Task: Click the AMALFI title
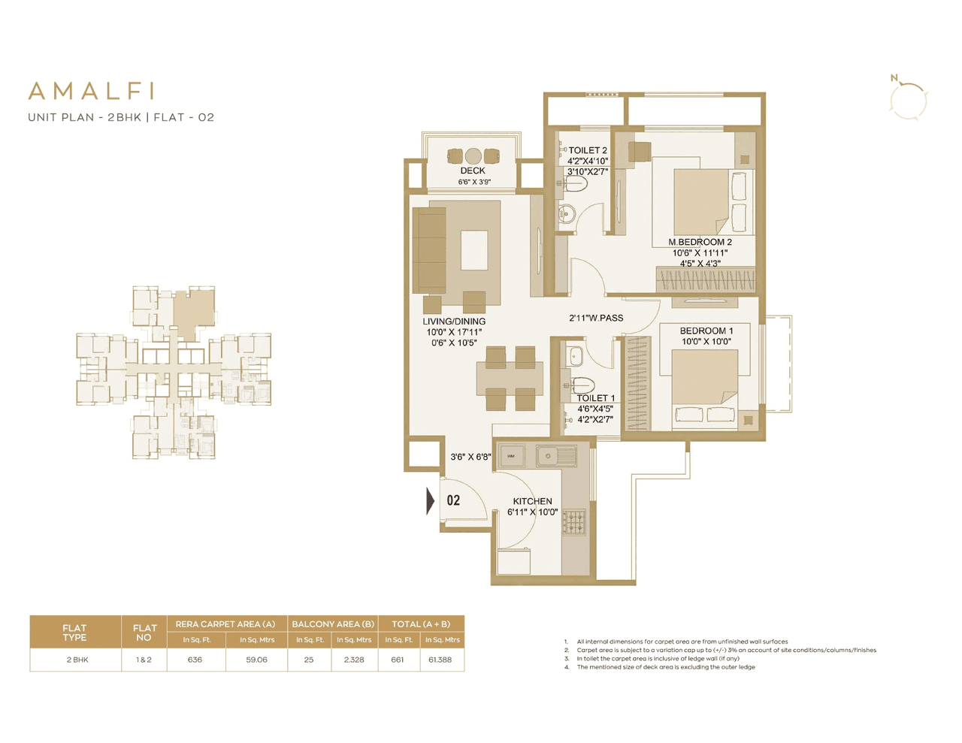click(92, 91)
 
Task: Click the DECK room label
click(473, 171)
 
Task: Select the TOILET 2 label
click(587, 150)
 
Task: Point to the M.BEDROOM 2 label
click(700, 242)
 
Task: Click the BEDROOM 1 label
click(706, 331)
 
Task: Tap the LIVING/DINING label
click(454, 322)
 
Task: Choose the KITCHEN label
click(532, 501)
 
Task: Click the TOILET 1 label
click(595, 398)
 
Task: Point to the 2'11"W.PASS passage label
click(596, 318)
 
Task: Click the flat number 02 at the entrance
click(453, 500)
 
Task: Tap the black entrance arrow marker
click(430, 501)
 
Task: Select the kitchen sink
click(548, 455)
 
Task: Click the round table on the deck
click(473, 156)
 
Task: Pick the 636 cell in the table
click(195, 660)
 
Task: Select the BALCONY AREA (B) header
click(332, 624)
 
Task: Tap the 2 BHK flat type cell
click(77, 660)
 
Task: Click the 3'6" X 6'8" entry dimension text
click(470, 457)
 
